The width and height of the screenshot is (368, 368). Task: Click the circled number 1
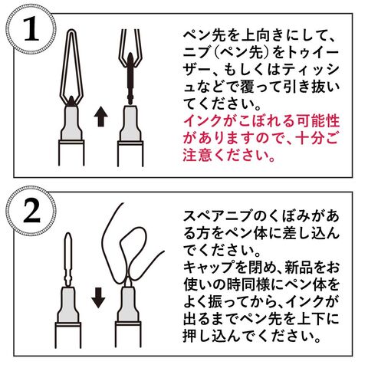[x=31, y=29]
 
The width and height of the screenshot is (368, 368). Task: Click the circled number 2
[x=31, y=211]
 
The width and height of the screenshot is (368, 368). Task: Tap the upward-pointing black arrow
[x=100, y=117]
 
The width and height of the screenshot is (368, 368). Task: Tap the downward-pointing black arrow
[x=98, y=297]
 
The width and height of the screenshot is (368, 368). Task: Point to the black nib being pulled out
[x=130, y=77]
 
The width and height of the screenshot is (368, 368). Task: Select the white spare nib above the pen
[x=67, y=258]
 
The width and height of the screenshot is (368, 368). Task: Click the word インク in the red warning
[x=202, y=121]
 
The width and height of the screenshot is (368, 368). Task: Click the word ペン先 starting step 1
[x=207, y=36]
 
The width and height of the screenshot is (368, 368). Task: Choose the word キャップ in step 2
[x=208, y=268]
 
